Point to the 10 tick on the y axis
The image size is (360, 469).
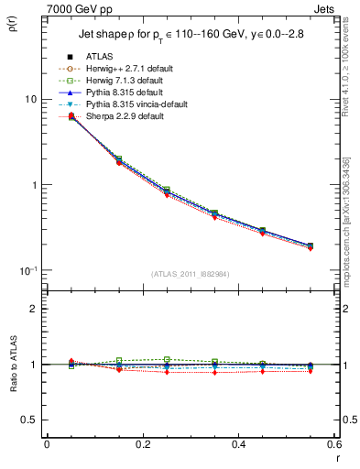(30, 99)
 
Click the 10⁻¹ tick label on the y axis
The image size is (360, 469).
(27, 270)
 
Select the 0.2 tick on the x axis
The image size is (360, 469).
(142, 444)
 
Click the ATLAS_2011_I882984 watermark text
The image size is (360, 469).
(191, 273)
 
